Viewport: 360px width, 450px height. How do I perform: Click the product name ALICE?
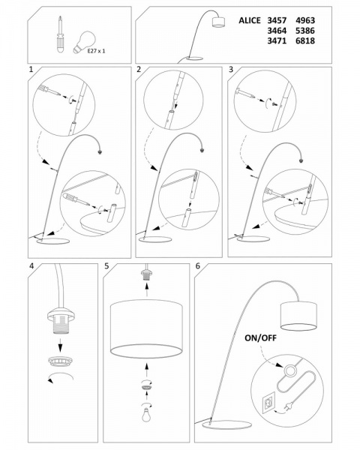pyautogui.click(x=250, y=21)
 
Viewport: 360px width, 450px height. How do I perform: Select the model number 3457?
pyautogui.click(x=277, y=21)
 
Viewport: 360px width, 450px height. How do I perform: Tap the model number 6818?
pyautogui.click(x=305, y=40)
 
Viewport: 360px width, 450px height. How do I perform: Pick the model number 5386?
pyautogui.click(x=305, y=31)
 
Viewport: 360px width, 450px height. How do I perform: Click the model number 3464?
pyautogui.click(x=277, y=31)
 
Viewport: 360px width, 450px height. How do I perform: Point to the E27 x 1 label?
pyautogui.click(x=96, y=51)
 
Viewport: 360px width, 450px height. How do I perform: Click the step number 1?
pyautogui.click(x=31, y=69)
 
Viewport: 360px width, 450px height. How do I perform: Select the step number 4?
pyautogui.click(x=31, y=266)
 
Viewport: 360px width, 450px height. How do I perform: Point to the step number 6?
pyautogui.click(x=197, y=266)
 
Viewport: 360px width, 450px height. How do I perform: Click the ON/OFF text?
pyautogui.click(x=260, y=338)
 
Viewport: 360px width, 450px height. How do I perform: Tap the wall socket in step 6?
pyautogui.click(x=268, y=403)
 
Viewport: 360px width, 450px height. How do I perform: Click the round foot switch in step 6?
pyautogui.click(x=291, y=370)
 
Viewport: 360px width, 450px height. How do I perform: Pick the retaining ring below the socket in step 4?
pyautogui.click(x=60, y=362)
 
